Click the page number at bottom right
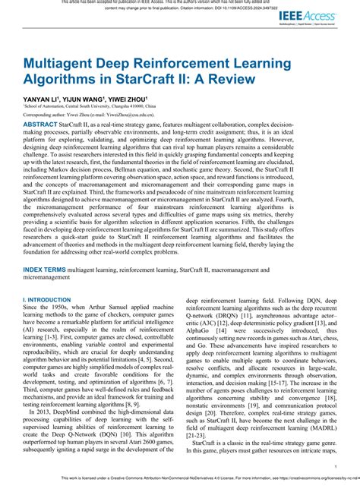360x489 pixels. (x=335, y=468)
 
